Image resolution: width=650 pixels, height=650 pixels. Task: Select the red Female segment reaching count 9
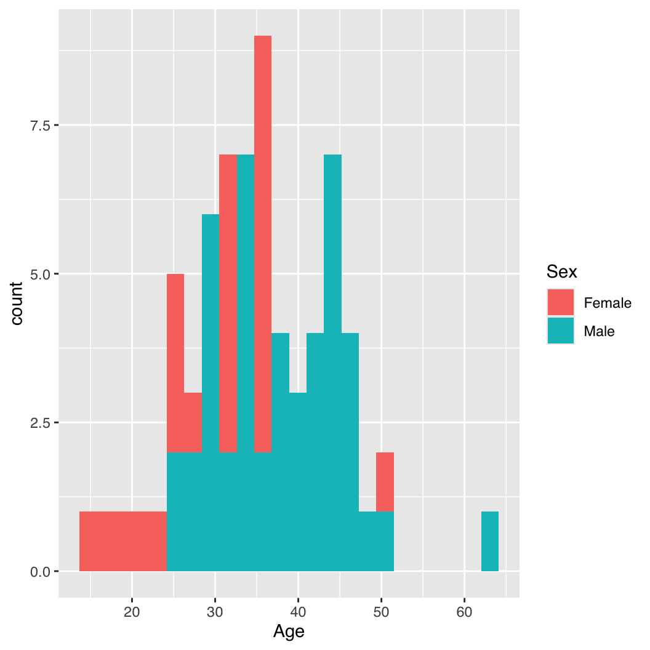(x=263, y=246)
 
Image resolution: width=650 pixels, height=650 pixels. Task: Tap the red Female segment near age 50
(x=385, y=482)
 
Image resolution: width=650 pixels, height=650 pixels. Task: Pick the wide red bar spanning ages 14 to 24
(x=123, y=542)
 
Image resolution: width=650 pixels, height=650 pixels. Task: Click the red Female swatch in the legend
(x=561, y=302)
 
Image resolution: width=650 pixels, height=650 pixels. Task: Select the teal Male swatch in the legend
(x=561, y=331)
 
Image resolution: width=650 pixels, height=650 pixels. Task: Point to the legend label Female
(x=608, y=303)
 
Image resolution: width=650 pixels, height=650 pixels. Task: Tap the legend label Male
(x=599, y=332)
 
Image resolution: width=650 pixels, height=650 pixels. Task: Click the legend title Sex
(x=561, y=271)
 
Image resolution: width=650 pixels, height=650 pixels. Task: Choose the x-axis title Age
(x=289, y=632)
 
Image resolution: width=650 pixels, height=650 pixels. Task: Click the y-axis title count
(x=17, y=303)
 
